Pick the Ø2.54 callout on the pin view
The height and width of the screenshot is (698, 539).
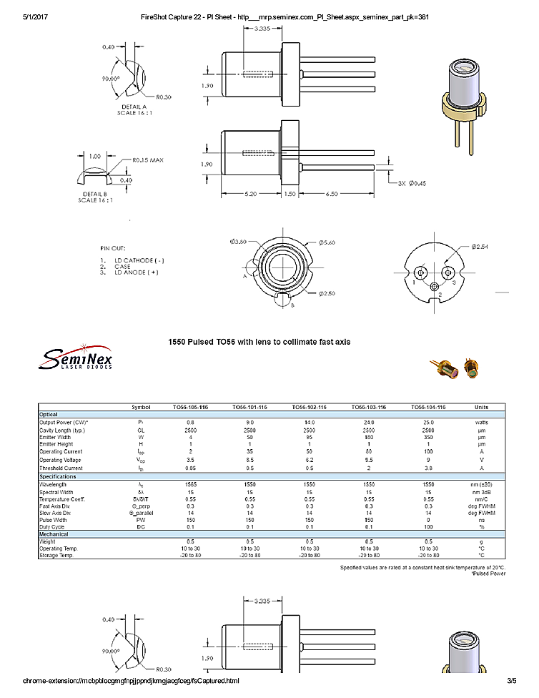coord(480,247)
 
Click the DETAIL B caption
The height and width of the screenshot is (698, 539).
coord(95,195)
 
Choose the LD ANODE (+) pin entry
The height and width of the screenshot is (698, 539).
coord(136,272)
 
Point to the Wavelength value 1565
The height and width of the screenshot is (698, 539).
coord(190,484)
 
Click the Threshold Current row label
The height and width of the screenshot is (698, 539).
coord(61,468)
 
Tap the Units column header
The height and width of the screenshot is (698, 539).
coord(481,407)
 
